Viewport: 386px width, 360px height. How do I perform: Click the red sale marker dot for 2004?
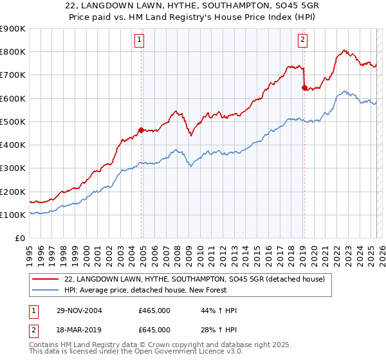(x=142, y=130)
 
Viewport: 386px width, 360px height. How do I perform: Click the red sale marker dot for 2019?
(x=304, y=88)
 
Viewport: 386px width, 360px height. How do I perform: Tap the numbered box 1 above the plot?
(x=140, y=40)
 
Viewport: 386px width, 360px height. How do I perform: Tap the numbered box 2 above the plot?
(x=302, y=40)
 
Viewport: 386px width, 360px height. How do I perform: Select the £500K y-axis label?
(x=13, y=122)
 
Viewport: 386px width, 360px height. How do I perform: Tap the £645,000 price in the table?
(x=154, y=329)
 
